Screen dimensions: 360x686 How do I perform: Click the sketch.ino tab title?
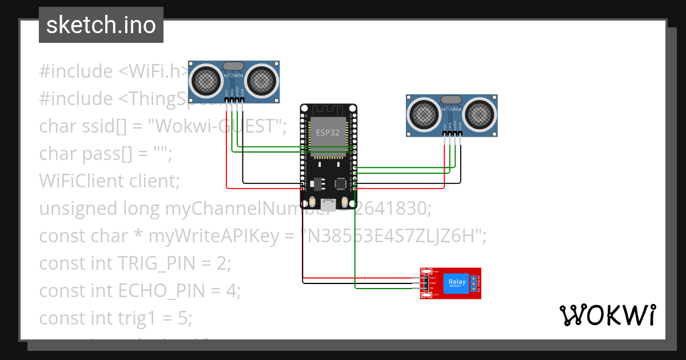[x=101, y=25]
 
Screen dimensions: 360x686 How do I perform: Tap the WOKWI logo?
[x=607, y=315]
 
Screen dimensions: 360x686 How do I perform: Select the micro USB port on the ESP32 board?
[x=329, y=203]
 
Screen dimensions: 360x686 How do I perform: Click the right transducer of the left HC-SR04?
[x=261, y=81]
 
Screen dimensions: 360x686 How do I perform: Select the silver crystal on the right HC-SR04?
[x=451, y=101]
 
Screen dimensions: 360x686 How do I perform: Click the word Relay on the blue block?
[x=457, y=282]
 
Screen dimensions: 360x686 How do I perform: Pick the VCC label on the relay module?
[x=433, y=278]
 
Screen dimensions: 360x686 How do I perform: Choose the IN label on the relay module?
[x=432, y=289]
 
